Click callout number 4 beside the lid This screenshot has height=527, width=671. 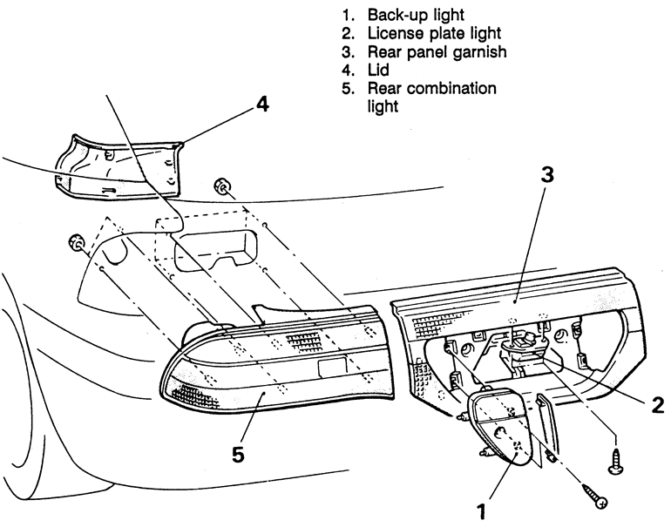[x=261, y=104]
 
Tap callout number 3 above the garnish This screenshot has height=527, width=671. [x=546, y=173]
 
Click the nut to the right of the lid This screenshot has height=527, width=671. [x=222, y=186]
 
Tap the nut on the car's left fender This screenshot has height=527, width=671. [x=76, y=240]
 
